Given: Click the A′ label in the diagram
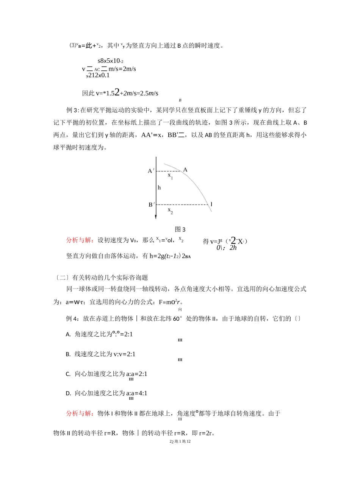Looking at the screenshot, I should (151, 171).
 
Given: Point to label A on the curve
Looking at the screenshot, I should (185, 170).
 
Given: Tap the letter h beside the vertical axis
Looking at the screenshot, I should (159, 187).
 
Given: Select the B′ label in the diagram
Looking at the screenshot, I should (151, 205).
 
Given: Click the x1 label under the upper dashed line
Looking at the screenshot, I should (171, 176).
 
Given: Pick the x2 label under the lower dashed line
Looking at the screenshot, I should (171, 211).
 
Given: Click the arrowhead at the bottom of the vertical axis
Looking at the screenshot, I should (156, 217).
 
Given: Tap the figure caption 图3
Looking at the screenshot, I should (180, 229).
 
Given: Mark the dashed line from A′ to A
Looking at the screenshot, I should (169, 172).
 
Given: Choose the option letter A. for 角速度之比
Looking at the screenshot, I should (68, 334).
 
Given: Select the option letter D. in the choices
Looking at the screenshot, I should (68, 393).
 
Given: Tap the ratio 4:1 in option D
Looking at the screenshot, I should (143, 393).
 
